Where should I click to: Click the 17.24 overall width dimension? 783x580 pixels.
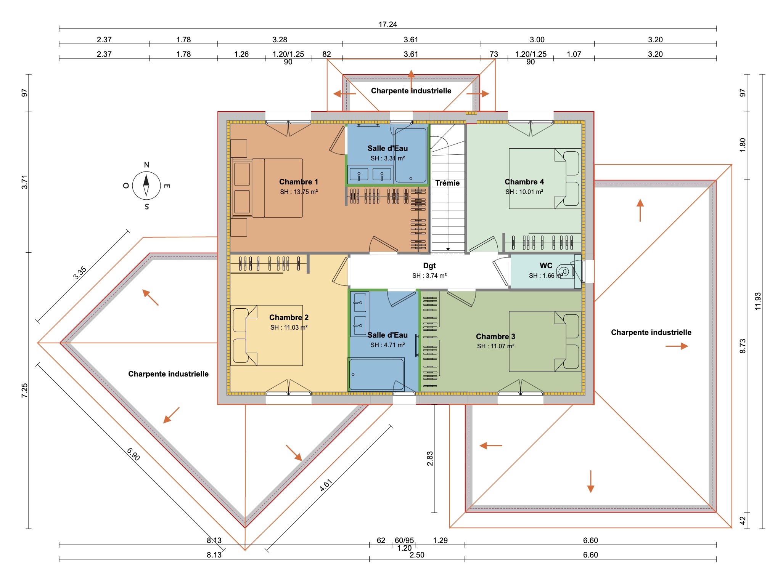[387, 24]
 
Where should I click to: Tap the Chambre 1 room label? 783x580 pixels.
[298, 182]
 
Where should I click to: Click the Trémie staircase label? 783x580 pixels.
[447, 183]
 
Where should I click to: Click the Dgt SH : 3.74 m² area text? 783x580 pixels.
[429, 276]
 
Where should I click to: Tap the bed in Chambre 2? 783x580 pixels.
[267, 335]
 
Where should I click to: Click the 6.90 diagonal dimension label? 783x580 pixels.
[133, 454]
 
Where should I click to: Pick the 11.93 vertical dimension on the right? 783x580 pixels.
[758, 301]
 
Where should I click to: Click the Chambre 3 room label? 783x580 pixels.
[495, 336]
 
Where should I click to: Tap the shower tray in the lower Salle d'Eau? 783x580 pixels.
[376, 374]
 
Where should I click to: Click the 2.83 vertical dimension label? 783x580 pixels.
[430, 458]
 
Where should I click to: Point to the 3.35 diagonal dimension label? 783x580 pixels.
[80, 273]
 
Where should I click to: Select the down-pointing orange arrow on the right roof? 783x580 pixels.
[590, 481]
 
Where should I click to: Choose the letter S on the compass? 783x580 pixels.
[147, 207]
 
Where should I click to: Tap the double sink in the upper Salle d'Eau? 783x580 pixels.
[370, 175]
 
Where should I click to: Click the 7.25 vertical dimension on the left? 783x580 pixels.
[24, 391]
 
